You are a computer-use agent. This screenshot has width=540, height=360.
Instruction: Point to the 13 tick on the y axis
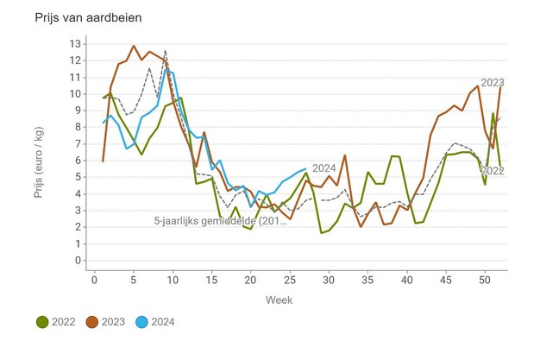[75, 43]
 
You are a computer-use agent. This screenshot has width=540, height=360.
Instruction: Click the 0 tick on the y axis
[78, 260]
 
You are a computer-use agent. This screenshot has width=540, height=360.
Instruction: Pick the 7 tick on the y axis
[78, 143]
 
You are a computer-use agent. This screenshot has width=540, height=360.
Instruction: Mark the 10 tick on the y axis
[75, 93]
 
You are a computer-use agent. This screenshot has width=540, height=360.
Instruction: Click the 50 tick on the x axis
[485, 279]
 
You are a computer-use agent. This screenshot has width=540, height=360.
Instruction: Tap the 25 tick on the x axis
[290, 279]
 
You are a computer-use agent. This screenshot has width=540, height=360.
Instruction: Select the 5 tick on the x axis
[134, 279]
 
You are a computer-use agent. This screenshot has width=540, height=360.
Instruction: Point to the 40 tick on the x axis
[406, 279]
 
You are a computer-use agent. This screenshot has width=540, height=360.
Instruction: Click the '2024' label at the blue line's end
[323, 168]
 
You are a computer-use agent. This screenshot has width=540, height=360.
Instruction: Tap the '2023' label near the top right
[492, 82]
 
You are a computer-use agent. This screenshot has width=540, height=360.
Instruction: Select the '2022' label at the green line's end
[492, 171]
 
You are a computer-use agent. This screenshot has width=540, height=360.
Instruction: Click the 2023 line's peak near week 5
[134, 46]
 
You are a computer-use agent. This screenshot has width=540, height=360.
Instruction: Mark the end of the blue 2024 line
[305, 168]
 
